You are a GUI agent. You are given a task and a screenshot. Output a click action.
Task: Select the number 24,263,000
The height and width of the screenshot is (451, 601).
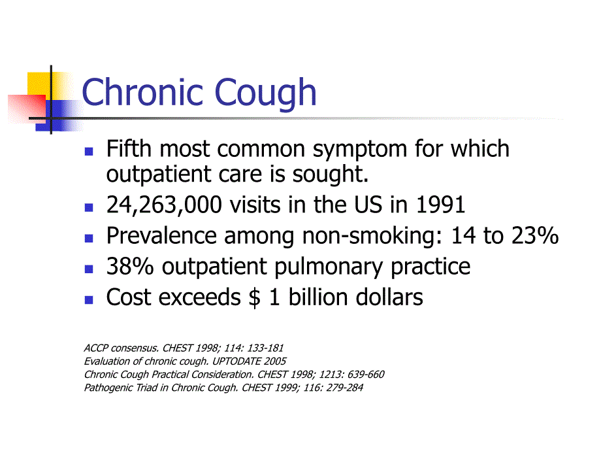click(x=165, y=205)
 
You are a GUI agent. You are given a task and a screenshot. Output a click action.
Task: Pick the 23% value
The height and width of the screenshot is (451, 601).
click(x=534, y=236)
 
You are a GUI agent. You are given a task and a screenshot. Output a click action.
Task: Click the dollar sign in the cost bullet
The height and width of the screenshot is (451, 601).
click(x=254, y=297)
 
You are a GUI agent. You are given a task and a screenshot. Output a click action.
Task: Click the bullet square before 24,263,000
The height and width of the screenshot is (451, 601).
click(x=89, y=207)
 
